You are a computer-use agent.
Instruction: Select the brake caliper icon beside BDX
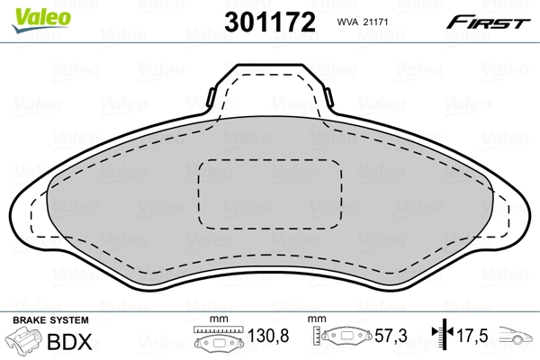(x=26, y=342)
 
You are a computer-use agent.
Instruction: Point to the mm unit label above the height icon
(x=316, y=319)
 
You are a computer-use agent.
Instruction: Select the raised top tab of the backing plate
(x=270, y=85)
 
